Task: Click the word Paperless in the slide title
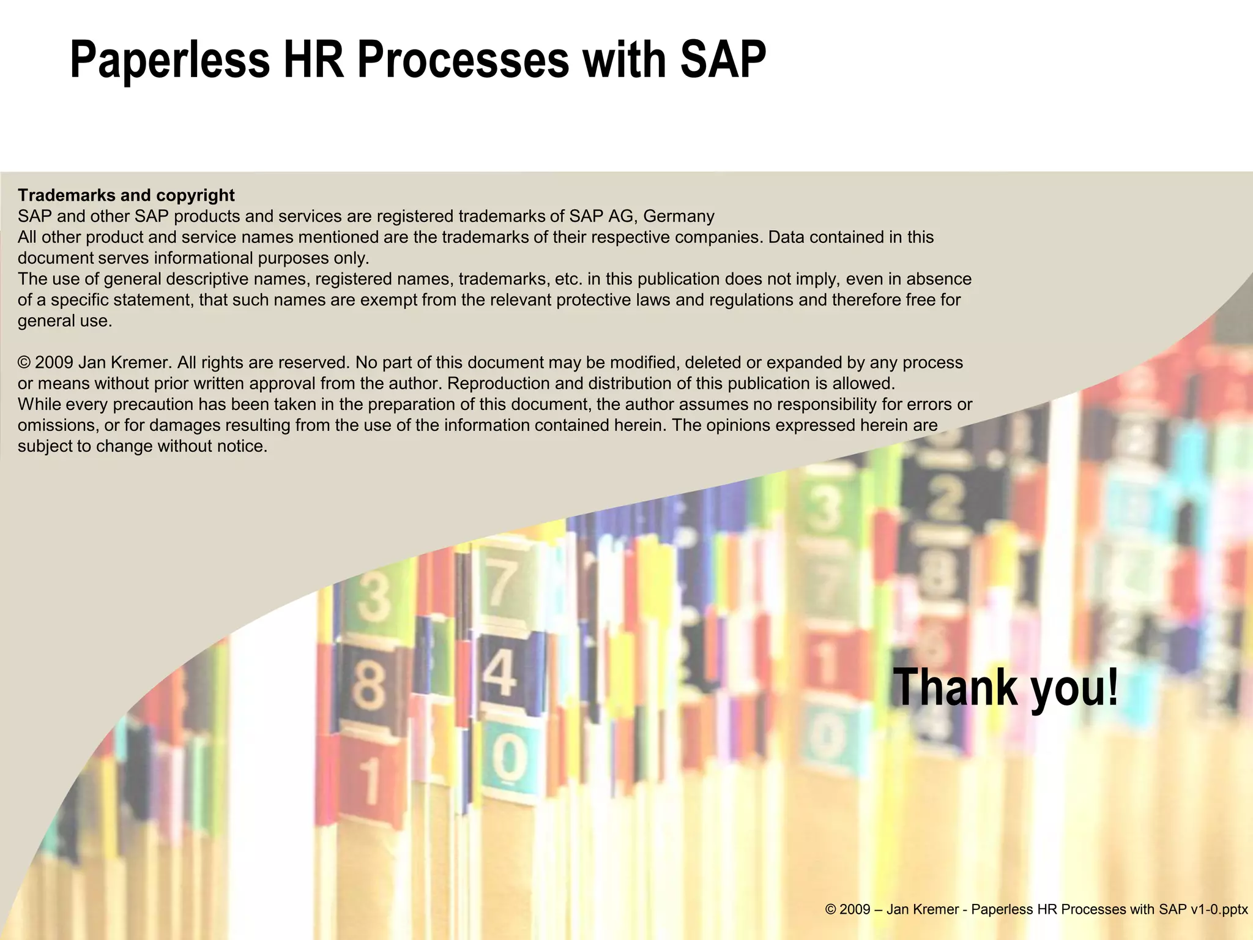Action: [x=169, y=60]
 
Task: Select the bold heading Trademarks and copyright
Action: [x=126, y=195]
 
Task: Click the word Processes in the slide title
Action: [x=463, y=60]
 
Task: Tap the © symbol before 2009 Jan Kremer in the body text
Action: [x=24, y=363]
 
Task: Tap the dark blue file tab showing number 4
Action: [x=500, y=673]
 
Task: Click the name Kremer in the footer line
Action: [x=935, y=909]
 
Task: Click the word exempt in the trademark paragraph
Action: [x=385, y=300]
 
